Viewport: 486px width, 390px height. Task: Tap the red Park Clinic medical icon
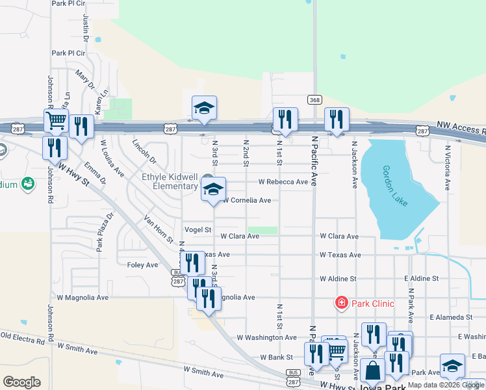pos(340,302)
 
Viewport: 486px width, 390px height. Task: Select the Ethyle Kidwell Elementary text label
pos(170,181)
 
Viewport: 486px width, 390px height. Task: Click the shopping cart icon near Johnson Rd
pos(56,120)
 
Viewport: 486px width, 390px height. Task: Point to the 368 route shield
pos(314,99)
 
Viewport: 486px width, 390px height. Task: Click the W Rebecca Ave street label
pos(283,182)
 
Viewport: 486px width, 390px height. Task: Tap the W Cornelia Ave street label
pos(247,200)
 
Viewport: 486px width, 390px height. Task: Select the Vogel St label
pos(198,229)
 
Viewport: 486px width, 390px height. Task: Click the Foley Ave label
pos(142,265)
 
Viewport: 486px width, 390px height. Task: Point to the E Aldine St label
pos(421,278)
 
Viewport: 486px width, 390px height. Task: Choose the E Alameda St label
pos(450,317)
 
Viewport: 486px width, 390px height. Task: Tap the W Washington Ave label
pos(266,337)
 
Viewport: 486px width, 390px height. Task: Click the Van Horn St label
pos(159,229)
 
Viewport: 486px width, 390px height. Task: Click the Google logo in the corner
pos(21,382)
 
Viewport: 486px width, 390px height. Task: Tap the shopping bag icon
pos(373,371)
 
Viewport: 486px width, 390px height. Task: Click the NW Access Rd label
pos(461,128)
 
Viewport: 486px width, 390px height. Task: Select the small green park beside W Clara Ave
pos(262,230)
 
